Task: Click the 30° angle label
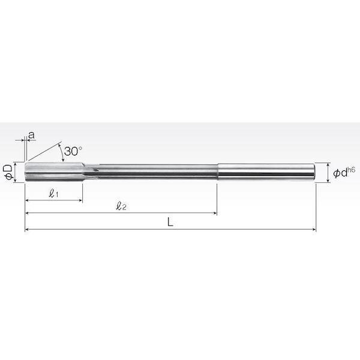[x=73, y=151]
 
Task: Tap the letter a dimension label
[x=31, y=135]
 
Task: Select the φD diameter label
[x=8, y=172]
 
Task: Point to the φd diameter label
[x=340, y=173]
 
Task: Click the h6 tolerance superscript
[x=351, y=170]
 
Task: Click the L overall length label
[x=170, y=222]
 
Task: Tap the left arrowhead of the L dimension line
[x=26, y=229]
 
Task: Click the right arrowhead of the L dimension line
[x=314, y=229]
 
